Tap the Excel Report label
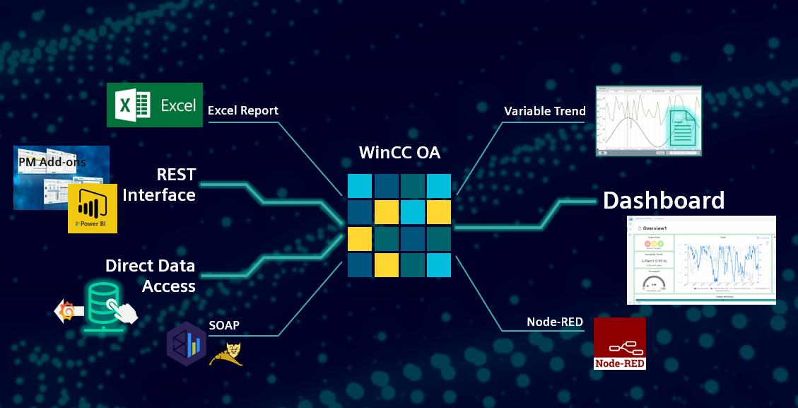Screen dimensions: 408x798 [x=242, y=110]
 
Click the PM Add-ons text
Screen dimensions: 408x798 [x=52, y=162]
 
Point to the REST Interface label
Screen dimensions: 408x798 [x=159, y=185]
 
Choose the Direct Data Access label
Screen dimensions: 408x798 [x=151, y=276]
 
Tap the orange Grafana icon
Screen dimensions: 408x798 [x=69, y=310]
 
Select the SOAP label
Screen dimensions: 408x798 [x=224, y=325]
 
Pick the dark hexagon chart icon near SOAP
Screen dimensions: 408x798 [x=187, y=344]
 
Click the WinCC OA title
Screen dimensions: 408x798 [x=399, y=153]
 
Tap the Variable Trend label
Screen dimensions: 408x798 [x=544, y=111]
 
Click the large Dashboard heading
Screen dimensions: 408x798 [x=664, y=200]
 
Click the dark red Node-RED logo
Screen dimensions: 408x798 [x=619, y=344]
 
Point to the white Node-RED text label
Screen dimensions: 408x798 [x=555, y=322]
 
